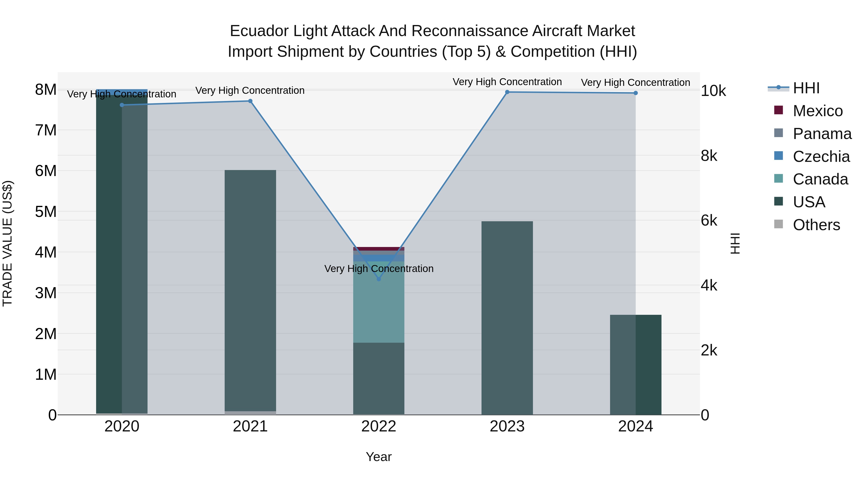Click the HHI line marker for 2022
click(x=379, y=279)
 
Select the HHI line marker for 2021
click(x=250, y=101)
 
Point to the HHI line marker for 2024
click(x=636, y=93)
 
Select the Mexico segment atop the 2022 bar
click(x=379, y=249)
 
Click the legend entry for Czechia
click(x=821, y=157)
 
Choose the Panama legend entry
click(x=822, y=134)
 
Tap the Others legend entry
click(x=816, y=225)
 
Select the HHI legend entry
click(x=806, y=88)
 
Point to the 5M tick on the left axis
click(x=46, y=212)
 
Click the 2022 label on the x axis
click(x=379, y=426)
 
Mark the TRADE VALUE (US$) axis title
click(x=8, y=243)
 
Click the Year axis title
click(x=379, y=457)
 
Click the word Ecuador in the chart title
click(x=259, y=31)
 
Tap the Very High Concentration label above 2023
click(x=507, y=82)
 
